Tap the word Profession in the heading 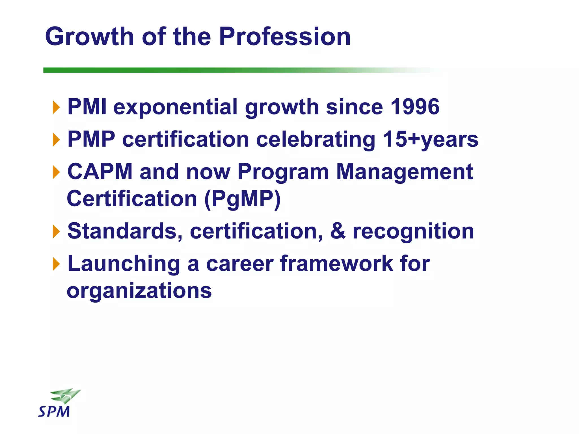(x=285, y=37)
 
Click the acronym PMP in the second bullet (x=91, y=139)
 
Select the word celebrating (x=316, y=140)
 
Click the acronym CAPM (x=100, y=172)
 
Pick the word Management (x=404, y=172)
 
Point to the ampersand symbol (x=338, y=231)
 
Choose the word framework (x=336, y=263)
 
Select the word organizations (x=139, y=290)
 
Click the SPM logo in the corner (x=58, y=403)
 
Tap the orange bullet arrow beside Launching (x=57, y=264)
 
